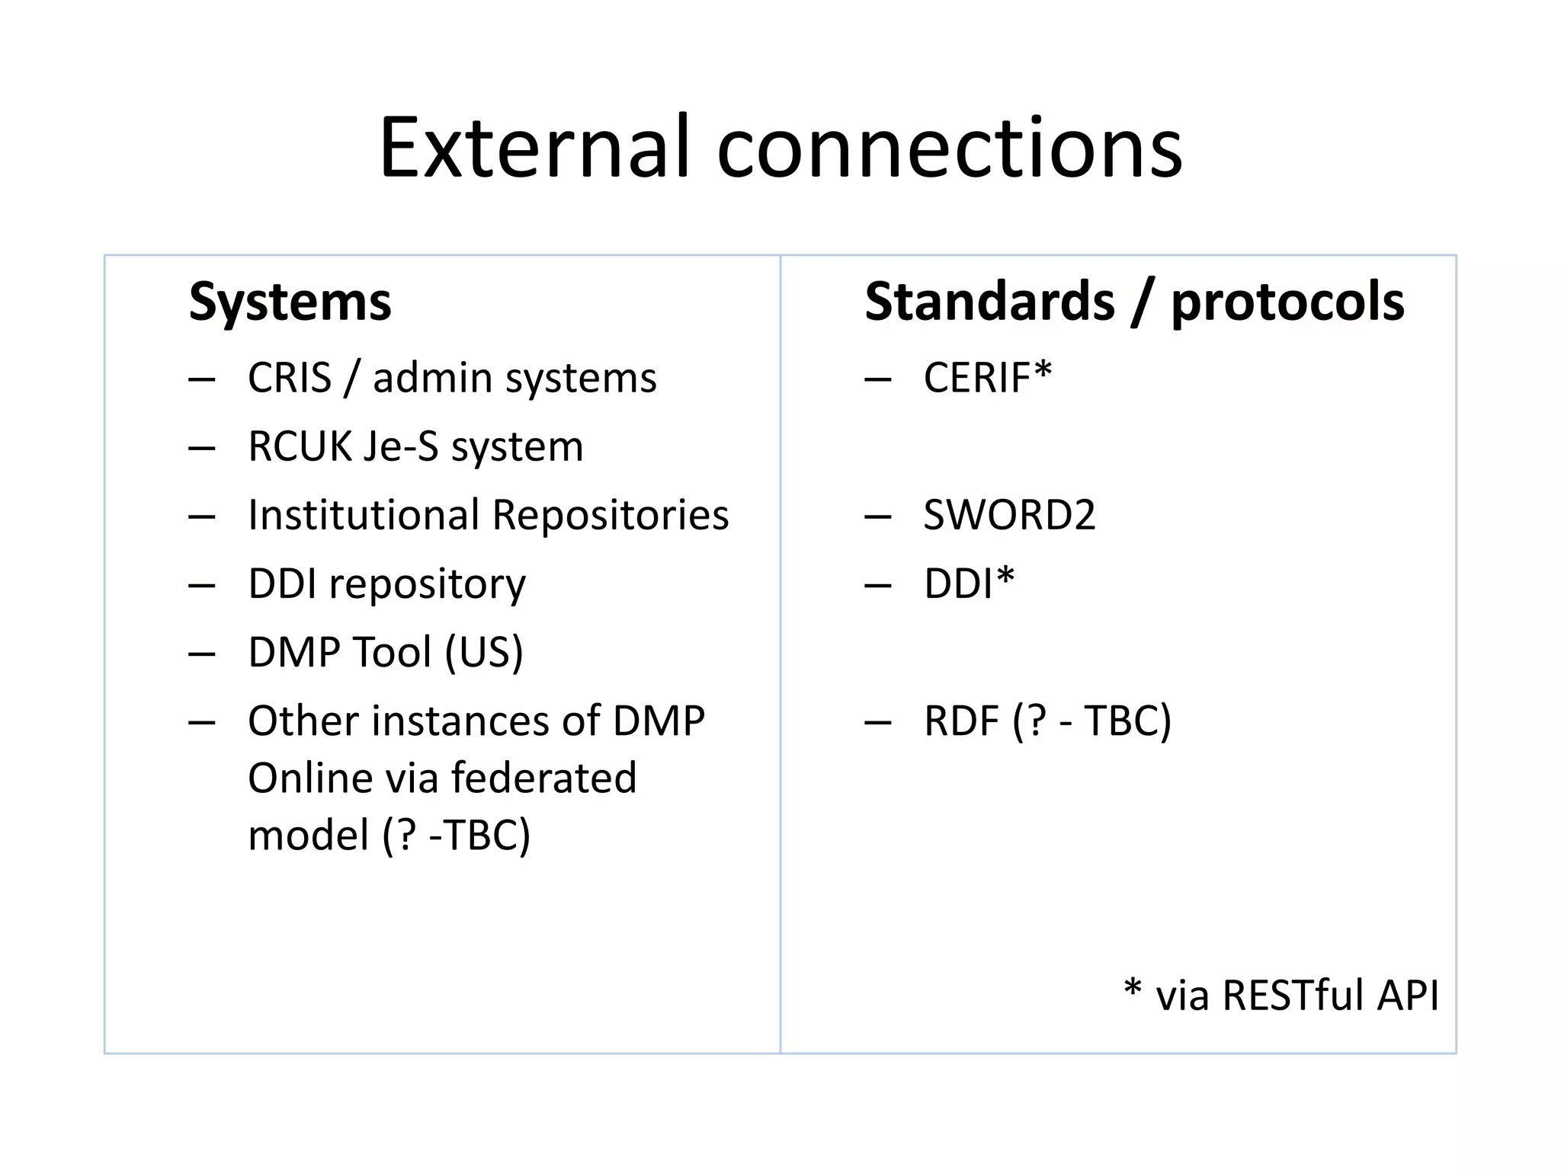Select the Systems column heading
290,302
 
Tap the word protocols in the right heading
1287,302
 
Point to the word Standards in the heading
989,302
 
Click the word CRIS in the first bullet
290,378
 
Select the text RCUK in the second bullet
300,446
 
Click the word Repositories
611,515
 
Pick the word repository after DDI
427,584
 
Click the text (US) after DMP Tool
484,653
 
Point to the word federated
543,778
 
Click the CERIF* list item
987,378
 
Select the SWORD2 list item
1009,515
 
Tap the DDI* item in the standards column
969,584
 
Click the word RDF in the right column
961,721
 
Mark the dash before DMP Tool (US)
202,654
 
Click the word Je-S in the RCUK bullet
401,446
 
